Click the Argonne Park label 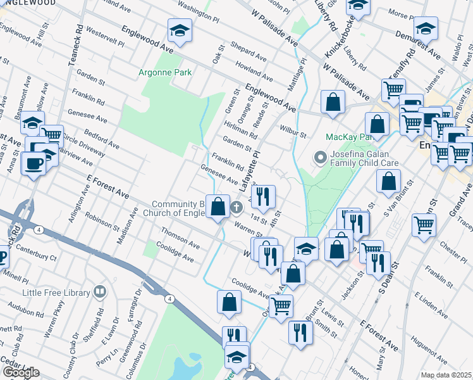point(165,72)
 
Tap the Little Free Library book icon point(99,292)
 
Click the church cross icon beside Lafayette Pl point(236,207)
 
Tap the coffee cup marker point(33,163)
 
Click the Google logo point(20,372)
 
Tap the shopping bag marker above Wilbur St point(333,102)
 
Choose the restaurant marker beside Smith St point(300,332)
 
